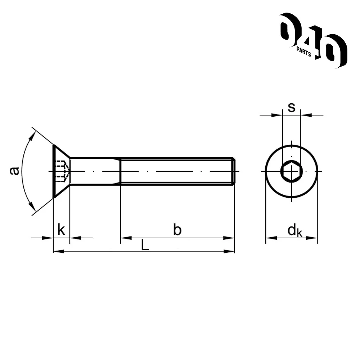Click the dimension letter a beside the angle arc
(x=14, y=171)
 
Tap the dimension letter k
(x=61, y=230)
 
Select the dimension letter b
(x=177, y=230)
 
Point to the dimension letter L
(x=145, y=245)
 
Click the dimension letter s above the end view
(x=292, y=107)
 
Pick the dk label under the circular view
(x=295, y=230)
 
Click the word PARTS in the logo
(x=303, y=52)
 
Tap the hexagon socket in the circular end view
(x=292, y=171)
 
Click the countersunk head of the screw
(x=61, y=171)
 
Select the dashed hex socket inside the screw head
(x=62, y=171)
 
